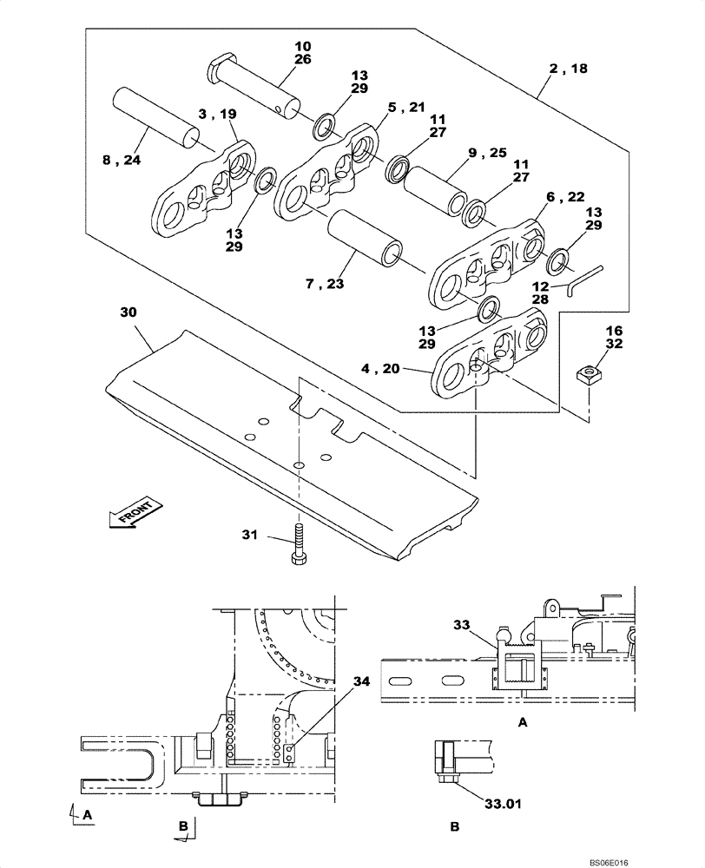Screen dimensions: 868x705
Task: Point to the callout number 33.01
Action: (503, 804)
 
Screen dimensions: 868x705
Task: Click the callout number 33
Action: (462, 623)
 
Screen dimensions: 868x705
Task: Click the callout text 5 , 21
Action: (405, 107)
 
